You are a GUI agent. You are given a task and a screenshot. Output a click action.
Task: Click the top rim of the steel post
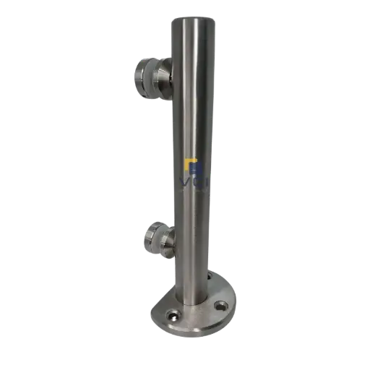193,19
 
